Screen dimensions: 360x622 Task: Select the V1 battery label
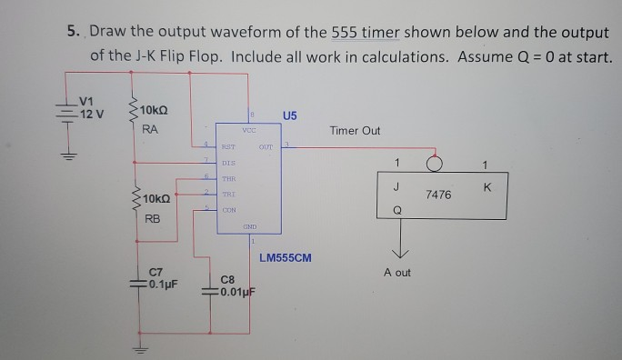pos(87,101)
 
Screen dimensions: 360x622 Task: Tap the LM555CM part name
pos(285,257)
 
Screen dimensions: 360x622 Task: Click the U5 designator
pos(289,115)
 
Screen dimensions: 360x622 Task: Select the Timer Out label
pos(356,131)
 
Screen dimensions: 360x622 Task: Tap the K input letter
pos(487,188)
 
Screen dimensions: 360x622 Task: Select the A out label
pos(396,273)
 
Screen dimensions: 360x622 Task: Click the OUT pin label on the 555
pos(266,145)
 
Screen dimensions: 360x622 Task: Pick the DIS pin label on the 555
pos(228,163)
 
